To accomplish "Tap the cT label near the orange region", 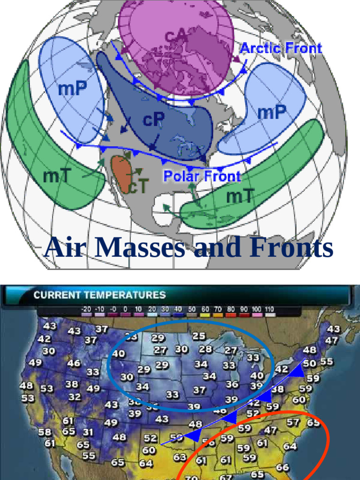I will [x=138, y=187].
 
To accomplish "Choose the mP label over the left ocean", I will [x=72, y=89].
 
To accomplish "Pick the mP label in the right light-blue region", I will [x=272, y=112].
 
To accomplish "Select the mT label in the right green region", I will [x=240, y=196].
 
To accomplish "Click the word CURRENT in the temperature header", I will [x=58, y=295].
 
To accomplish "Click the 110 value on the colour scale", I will [x=270, y=309].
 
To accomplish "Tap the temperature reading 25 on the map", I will [x=199, y=336].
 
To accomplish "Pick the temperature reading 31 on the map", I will [x=88, y=432].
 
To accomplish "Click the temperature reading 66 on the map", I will [x=282, y=467].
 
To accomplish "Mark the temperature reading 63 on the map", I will [x=180, y=457].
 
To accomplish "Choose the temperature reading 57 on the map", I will [x=293, y=422].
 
